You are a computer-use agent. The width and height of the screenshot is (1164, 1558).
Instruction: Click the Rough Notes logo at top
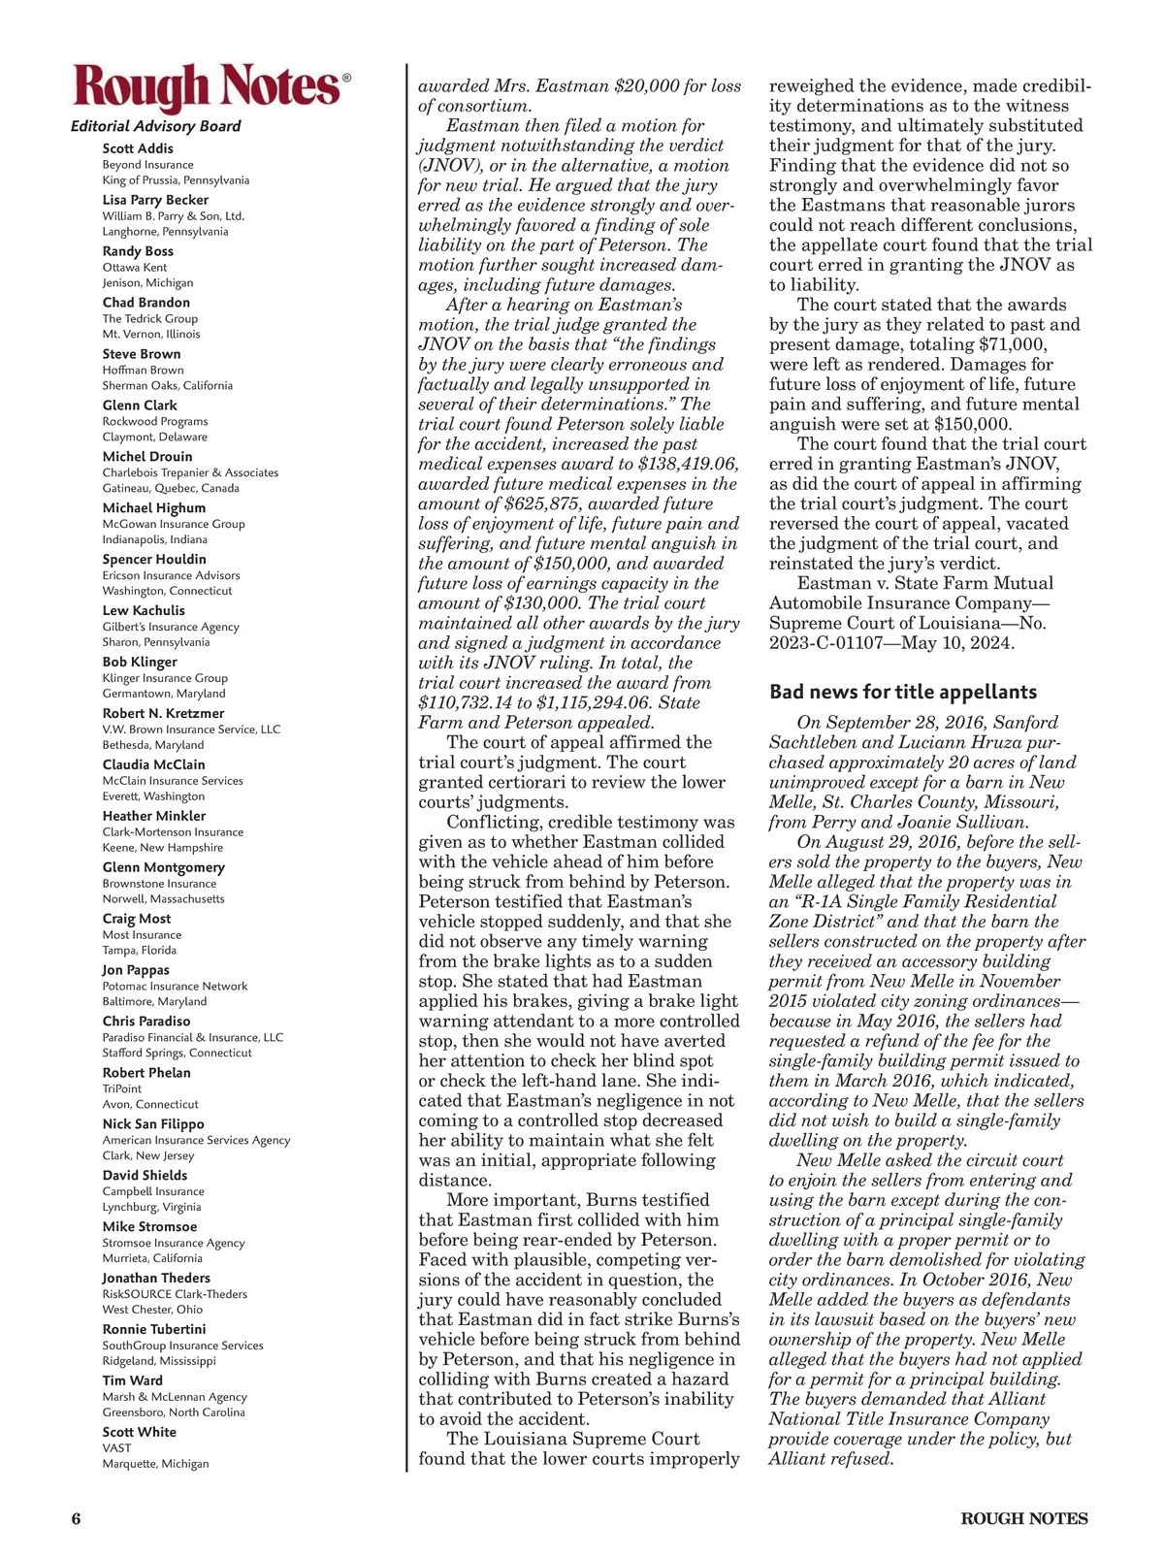(x=207, y=86)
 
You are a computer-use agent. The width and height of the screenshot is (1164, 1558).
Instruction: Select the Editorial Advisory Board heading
(x=155, y=126)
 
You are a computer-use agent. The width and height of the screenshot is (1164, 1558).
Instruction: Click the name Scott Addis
(x=138, y=148)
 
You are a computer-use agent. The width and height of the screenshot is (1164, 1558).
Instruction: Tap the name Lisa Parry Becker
(x=155, y=200)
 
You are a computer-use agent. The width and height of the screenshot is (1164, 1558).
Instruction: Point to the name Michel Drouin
(x=147, y=456)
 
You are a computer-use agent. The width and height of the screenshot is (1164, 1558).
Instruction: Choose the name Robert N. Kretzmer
(x=163, y=713)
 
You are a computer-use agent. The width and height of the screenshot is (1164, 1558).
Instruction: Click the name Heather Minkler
(x=154, y=816)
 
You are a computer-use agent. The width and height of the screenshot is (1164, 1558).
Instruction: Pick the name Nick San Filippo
(x=153, y=1123)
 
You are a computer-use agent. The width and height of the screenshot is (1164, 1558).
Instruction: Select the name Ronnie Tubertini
(x=154, y=1329)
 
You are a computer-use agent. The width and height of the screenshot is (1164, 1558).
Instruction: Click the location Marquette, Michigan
(x=155, y=1463)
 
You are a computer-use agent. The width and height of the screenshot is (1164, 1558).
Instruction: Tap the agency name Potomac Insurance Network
(x=175, y=986)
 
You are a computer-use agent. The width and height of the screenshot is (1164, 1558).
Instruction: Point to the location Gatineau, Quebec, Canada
(x=171, y=488)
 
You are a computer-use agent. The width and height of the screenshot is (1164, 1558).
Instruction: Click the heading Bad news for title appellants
(x=903, y=692)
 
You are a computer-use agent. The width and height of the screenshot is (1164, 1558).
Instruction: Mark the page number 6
(x=76, y=1518)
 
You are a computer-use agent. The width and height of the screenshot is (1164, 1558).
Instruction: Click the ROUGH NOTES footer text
(x=1024, y=1518)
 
